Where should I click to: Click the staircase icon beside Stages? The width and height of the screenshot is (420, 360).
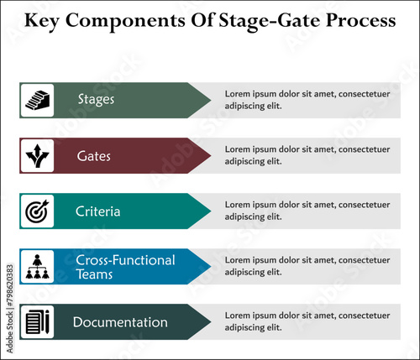point(37,100)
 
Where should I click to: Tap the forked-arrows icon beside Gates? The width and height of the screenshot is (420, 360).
point(37,155)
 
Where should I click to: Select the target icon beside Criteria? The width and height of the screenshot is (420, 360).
point(37,211)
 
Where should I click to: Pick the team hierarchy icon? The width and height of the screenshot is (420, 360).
point(37,267)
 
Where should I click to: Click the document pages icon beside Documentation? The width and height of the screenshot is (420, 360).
point(37,322)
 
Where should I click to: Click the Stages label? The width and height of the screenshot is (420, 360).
point(96,100)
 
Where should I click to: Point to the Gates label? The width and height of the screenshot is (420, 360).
point(93,156)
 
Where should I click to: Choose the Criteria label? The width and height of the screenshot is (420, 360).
point(97,211)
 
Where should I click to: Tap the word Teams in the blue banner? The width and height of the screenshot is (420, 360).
point(94,274)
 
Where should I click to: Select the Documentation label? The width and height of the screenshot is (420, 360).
point(120,322)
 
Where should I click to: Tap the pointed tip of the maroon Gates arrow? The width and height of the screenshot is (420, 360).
point(210,155)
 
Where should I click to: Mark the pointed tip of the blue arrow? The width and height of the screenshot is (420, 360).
point(210,267)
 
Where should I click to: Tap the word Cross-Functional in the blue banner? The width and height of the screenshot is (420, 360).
point(125,260)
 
